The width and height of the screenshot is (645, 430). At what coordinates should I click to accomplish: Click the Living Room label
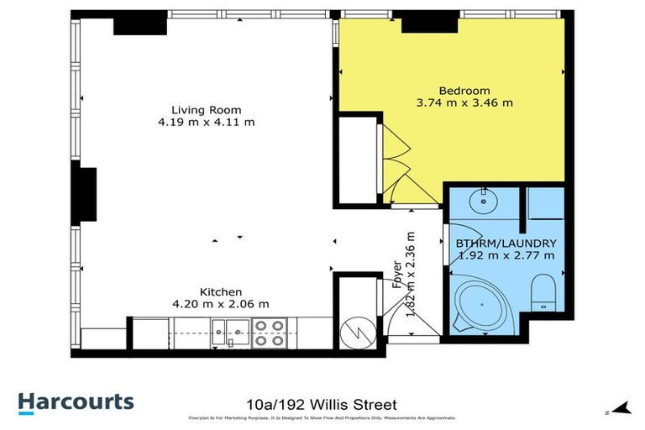point(207,110)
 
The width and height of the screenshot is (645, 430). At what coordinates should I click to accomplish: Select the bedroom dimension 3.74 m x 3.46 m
point(464,103)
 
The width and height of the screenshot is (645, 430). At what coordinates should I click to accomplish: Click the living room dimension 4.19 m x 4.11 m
point(207,123)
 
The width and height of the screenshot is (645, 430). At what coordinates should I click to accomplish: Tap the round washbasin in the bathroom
point(484,202)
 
